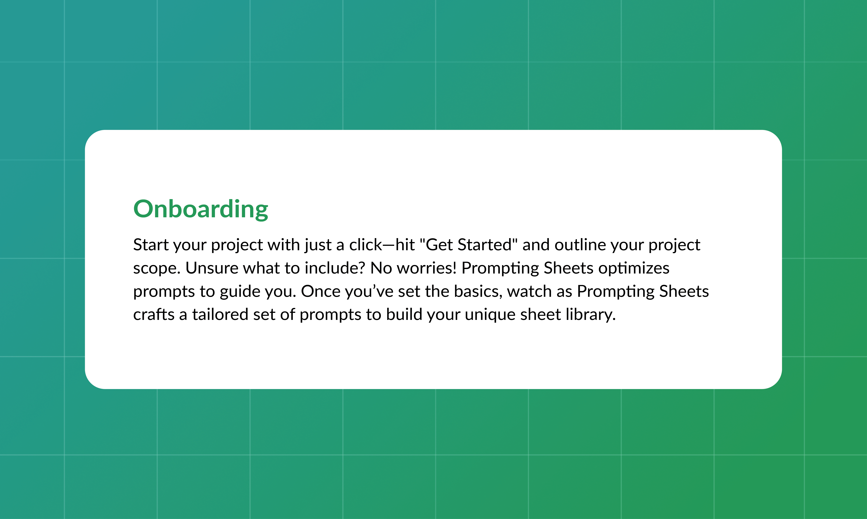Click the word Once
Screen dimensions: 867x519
tap(321, 291)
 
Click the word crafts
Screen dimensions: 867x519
tap(154, 314)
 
